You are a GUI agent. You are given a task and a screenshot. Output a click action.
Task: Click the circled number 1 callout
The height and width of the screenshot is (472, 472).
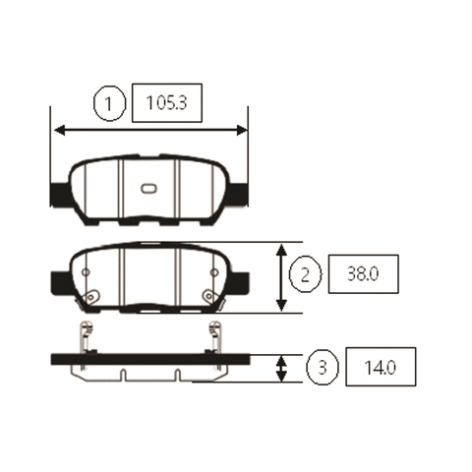coord(109,103)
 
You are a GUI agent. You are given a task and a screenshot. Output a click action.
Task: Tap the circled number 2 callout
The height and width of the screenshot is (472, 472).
coord(305,274)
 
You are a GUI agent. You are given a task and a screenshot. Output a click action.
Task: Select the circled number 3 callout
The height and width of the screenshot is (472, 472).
coord(323,367)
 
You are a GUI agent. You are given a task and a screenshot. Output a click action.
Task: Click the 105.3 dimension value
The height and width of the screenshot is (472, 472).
coord(166,103)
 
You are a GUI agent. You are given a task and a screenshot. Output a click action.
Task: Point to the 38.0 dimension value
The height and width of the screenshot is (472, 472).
coord(363,274)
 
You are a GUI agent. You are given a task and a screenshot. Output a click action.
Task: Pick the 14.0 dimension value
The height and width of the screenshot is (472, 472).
coord(381,367)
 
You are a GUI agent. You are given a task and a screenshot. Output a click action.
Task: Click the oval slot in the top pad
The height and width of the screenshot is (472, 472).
coord(149,188)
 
